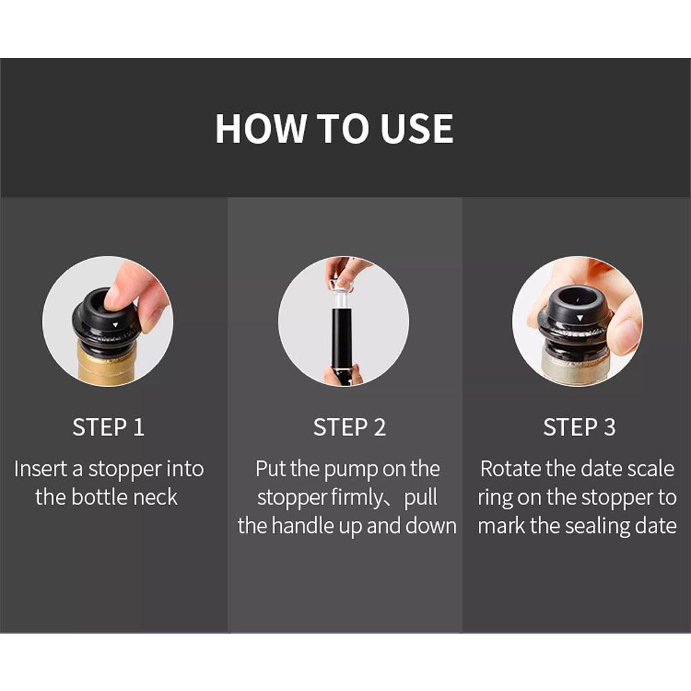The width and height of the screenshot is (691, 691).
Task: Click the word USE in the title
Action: pyautogui.click(x=417, y=129)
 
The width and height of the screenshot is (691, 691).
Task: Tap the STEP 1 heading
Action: pyautogui.click(x=108, y=428)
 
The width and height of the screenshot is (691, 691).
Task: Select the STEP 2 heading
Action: pyautogui.click(x=349, y=428)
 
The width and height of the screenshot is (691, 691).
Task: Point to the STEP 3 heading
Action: pyautogui.click(x=579, y=428)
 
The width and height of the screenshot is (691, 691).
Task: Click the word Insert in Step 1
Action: pyautogui.click(x=41, y=468)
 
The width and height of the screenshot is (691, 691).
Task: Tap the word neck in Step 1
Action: pyautogui.click(x=155, y=497)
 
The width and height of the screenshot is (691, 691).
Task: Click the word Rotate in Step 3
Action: pyautogui.click(x=511, y=468)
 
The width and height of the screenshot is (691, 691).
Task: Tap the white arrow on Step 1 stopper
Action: pyautogui.click(x=115, y=323)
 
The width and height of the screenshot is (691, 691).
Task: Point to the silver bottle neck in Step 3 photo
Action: pyautogui.click(x=575, y=366)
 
